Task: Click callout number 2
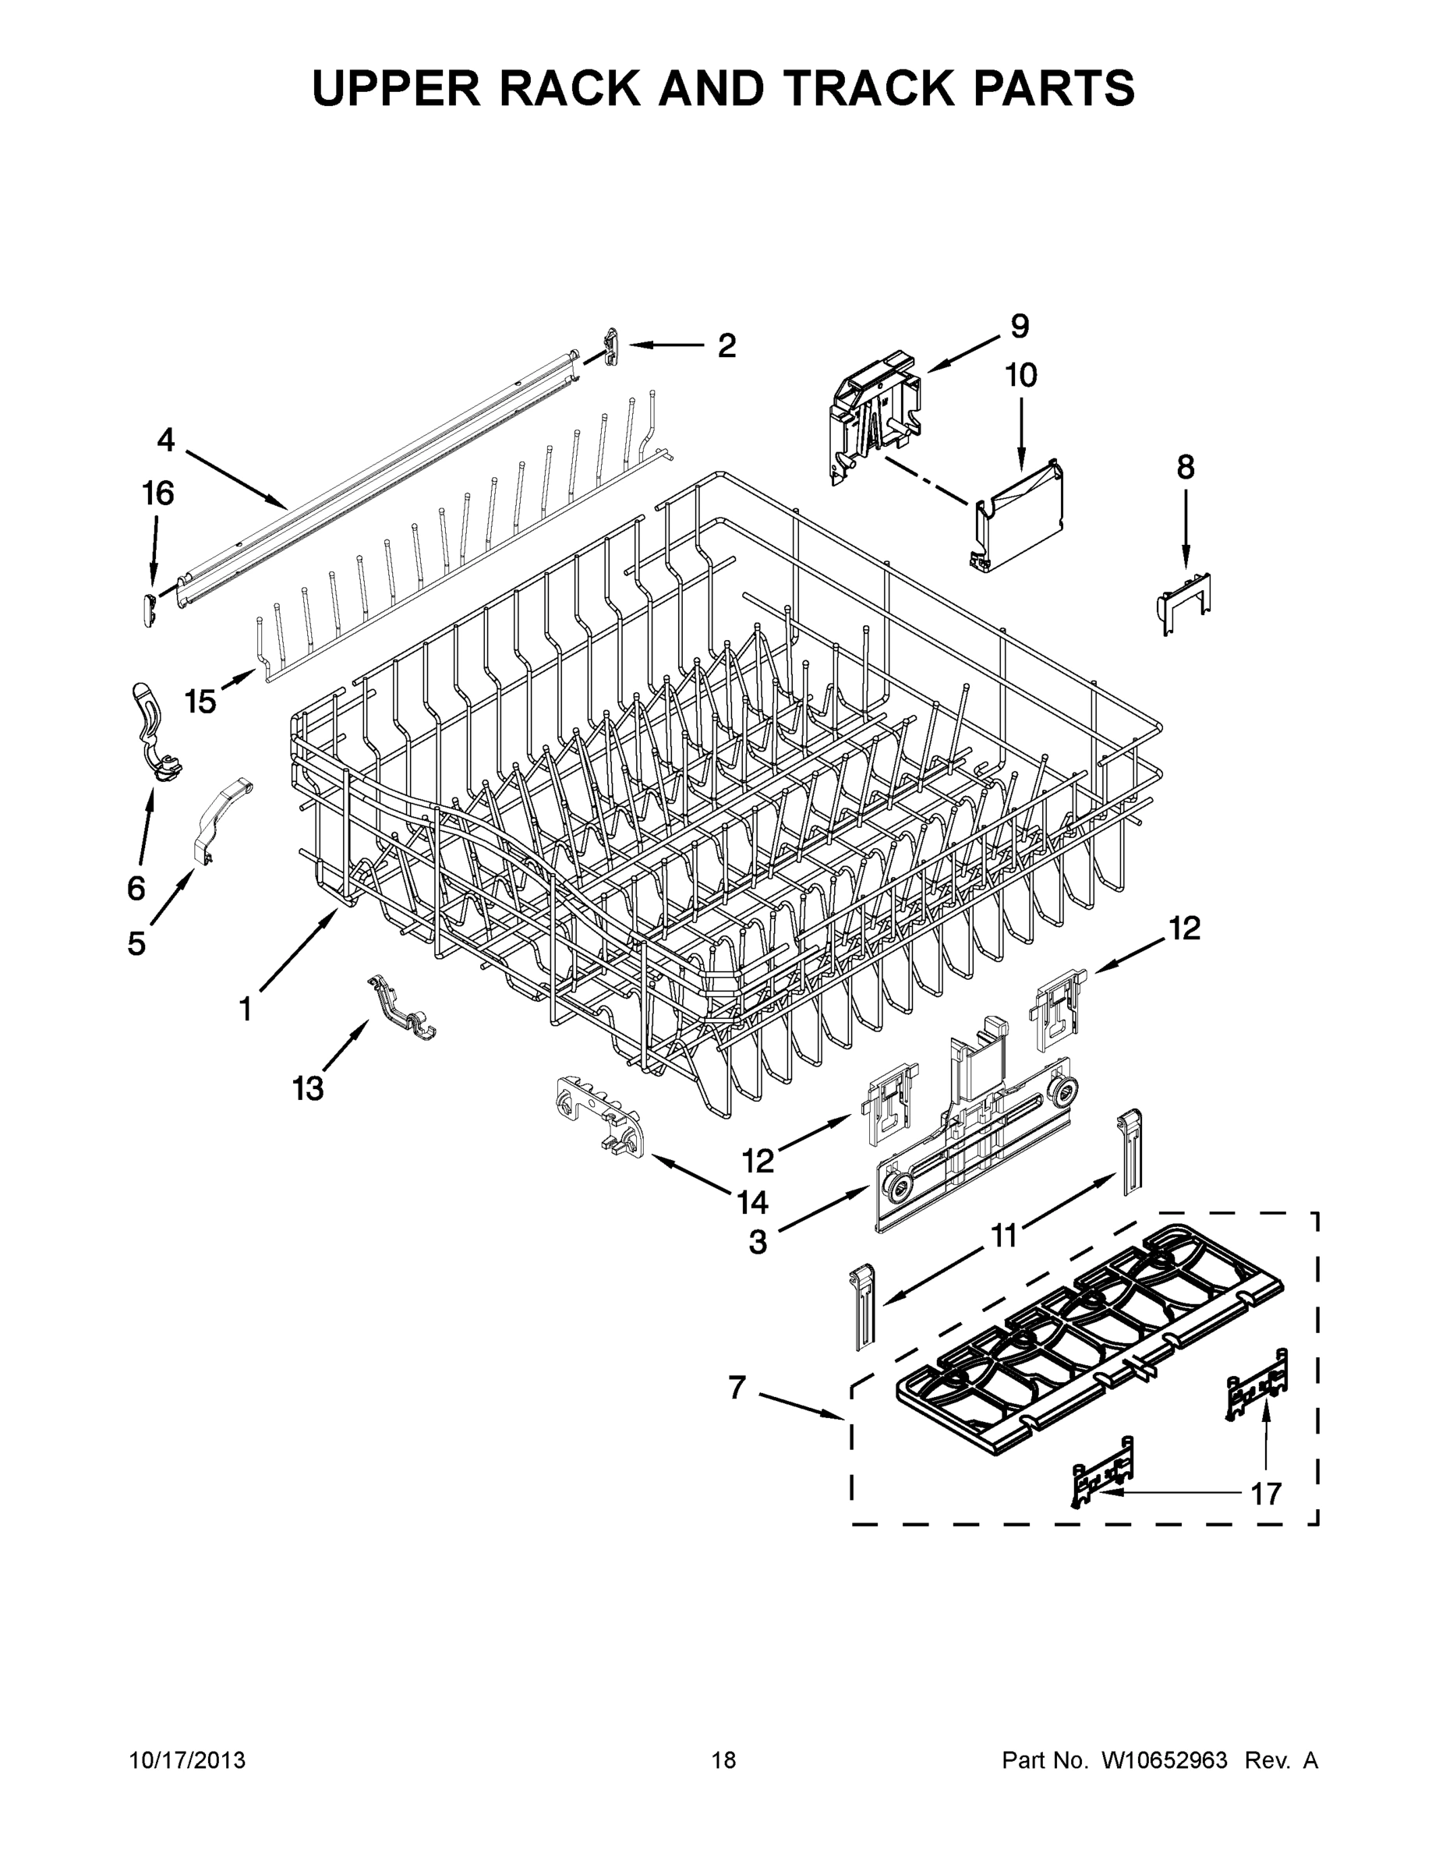(x=727, y=346)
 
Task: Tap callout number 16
(x=158, y=493)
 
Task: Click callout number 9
(x=1020, y=326)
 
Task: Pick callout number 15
(x=200, y=702)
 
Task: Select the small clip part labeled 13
(x=401, y=1011)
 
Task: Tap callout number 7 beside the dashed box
(x=737, y=1387)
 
